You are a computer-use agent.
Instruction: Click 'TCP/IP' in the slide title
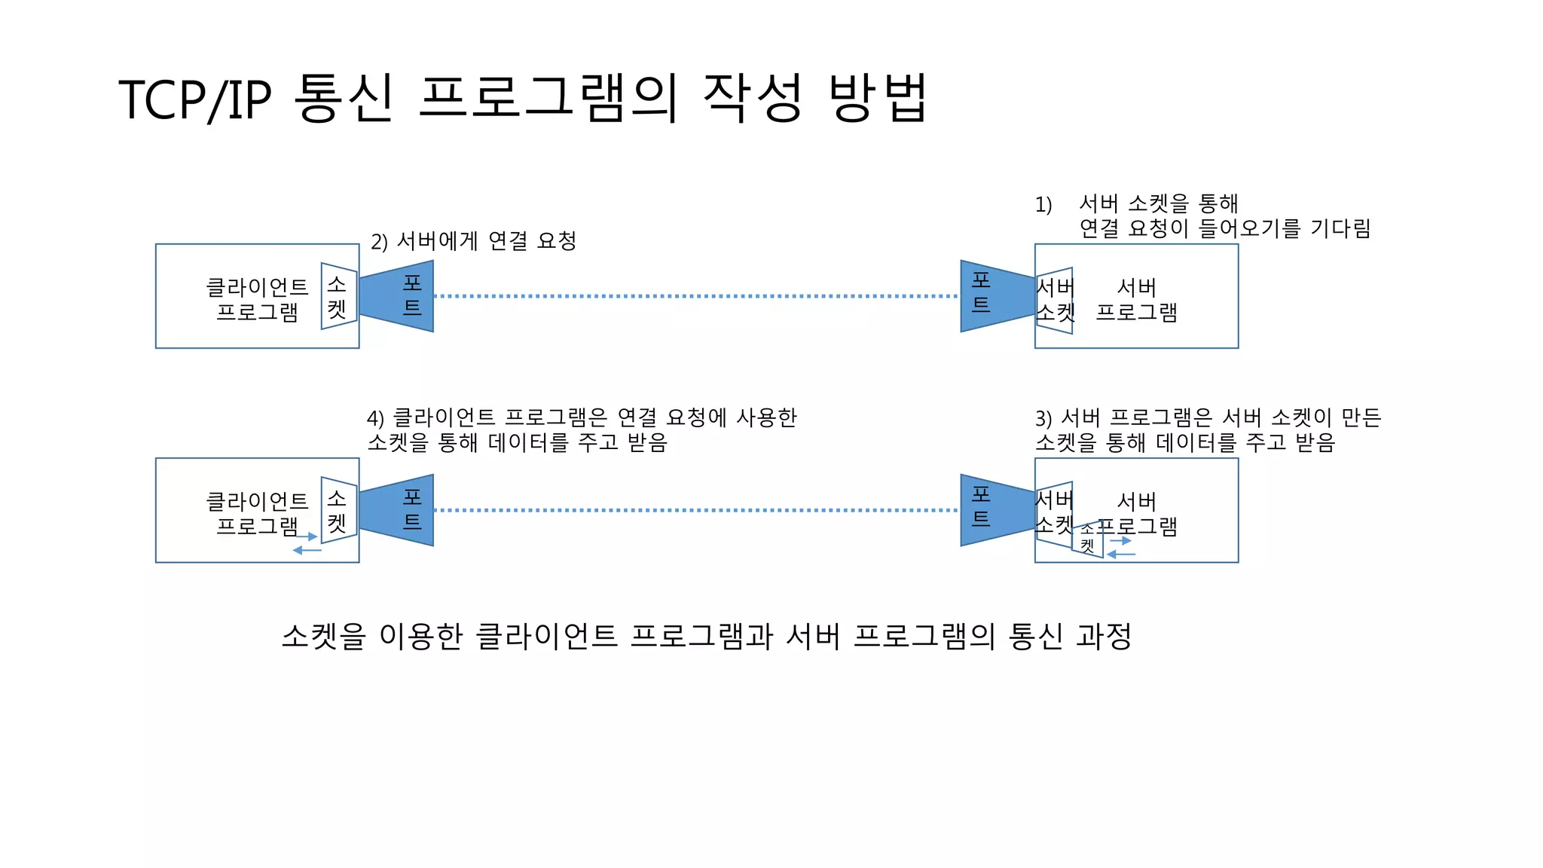point(194,99)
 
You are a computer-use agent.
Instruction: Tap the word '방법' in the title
point(878,98)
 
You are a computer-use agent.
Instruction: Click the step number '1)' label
point(1043,205)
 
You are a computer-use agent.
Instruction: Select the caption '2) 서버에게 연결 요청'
point(473,241)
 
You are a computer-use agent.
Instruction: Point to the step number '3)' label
point(1043,419)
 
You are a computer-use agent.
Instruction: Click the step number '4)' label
point(375,419)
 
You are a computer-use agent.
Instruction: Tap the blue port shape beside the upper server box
point(995,296)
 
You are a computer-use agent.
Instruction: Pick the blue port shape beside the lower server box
point(995,510)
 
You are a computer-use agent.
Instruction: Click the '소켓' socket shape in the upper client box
point(338,296)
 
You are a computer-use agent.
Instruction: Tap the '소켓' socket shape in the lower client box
point(338,510)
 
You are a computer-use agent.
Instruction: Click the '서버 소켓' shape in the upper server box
point(1055,300)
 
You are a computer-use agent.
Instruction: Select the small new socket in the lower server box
point(1088,539)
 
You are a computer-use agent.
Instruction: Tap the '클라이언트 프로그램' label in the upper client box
point(257,299)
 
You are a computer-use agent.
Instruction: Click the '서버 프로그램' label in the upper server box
point(1136,299)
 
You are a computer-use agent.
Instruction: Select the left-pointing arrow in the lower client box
point(307,551)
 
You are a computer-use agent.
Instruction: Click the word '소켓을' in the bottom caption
point(323,637)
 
